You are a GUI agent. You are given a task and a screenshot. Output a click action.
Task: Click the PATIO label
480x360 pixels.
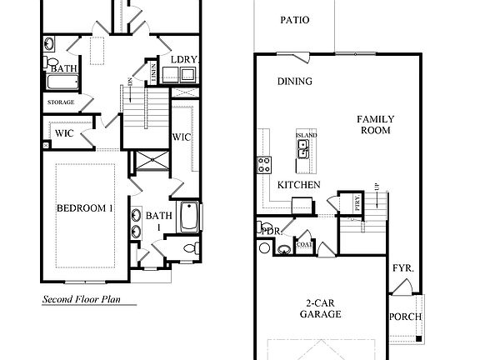point(294,20)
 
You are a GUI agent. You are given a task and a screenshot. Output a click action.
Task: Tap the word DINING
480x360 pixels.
point(294,82)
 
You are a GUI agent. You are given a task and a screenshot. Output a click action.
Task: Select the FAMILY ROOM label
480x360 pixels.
point(376,125)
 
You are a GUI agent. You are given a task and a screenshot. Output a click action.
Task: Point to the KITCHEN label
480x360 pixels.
point(298,183)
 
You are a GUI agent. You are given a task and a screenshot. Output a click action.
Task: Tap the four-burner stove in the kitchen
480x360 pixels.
point(264,163)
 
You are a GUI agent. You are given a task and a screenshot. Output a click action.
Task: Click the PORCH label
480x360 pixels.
point(405,317)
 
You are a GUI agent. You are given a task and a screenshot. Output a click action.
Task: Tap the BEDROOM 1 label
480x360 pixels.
point(84,208)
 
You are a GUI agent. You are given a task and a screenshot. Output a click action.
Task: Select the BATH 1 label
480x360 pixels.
point(157,221)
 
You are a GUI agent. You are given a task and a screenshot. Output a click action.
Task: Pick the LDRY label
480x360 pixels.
point(182,60)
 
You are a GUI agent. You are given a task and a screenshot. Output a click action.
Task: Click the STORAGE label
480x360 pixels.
point(60,102)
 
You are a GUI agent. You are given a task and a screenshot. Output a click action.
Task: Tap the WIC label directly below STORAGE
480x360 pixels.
point(65,132)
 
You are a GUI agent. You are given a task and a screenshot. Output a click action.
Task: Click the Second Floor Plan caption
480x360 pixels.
point(88,297)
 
